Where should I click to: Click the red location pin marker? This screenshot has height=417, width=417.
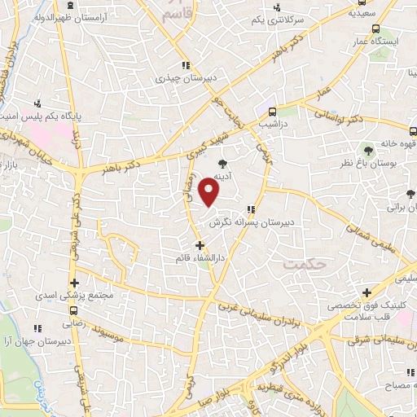tap(210, 192)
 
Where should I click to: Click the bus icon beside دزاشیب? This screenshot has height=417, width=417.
tap(273, 112)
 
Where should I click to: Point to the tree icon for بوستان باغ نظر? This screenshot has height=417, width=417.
tap(368, 150)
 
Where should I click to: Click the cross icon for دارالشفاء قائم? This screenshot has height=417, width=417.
tap(200, 244)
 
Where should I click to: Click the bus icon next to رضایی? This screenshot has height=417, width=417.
tap(74, 310)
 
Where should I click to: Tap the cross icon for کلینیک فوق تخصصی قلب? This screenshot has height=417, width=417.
tap(367, 292)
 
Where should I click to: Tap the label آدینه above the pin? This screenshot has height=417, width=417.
tap(224, 175)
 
